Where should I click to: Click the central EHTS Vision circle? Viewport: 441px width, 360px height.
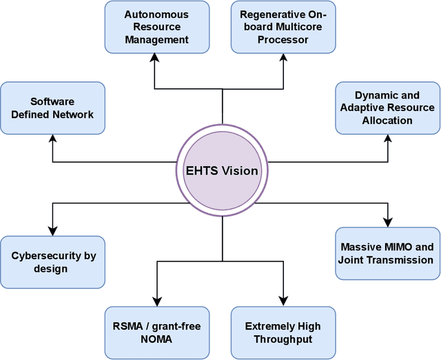(222, 170)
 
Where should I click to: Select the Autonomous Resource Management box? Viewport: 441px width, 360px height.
(156, 27)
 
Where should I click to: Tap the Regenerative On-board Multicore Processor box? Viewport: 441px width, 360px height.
(283, 27)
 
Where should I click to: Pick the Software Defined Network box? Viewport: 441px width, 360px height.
(52, 108)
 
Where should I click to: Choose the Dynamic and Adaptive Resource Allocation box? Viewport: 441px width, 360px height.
(387, 108)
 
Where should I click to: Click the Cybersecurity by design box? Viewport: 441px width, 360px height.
(52, 262)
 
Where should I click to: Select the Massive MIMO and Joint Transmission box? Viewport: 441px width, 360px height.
(387, 254)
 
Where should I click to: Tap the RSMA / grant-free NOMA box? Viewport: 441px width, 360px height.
(156, 333)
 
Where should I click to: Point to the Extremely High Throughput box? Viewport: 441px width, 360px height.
(283, 333)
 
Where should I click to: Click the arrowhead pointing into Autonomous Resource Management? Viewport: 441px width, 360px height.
(155, 59)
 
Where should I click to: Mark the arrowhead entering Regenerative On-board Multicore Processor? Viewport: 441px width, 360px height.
(283, 59)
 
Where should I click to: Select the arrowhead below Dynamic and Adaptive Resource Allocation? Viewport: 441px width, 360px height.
(387, 139)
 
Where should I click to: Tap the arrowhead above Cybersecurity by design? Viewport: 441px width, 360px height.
(53, 231)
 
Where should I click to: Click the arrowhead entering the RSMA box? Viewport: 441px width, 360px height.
(156, 301)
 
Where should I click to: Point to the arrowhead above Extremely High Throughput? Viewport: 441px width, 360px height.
(283, 301)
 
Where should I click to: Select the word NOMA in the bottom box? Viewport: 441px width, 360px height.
(157, 339)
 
